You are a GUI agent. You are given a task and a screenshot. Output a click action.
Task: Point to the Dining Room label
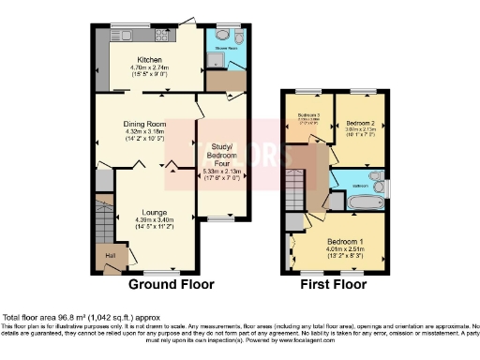(x=144, y=124)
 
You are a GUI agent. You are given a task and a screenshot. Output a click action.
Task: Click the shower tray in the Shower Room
(x=216, y=60)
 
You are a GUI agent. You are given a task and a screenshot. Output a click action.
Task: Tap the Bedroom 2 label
(x=360, y=124)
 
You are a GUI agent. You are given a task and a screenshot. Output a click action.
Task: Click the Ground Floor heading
(x=172, y=284)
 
